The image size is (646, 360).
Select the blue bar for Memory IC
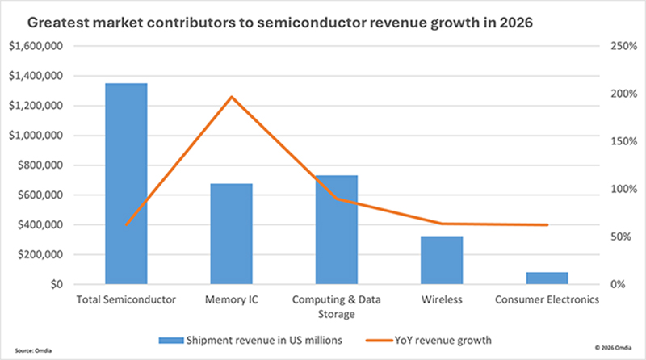[231, 234]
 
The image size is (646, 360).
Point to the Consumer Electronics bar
[547, 278]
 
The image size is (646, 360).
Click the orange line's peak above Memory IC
[231, 97]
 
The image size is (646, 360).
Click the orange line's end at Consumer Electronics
[547, 225]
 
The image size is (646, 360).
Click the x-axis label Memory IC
[231, 300]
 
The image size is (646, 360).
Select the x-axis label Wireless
[442, 300]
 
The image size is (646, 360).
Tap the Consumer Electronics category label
[547, 300]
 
